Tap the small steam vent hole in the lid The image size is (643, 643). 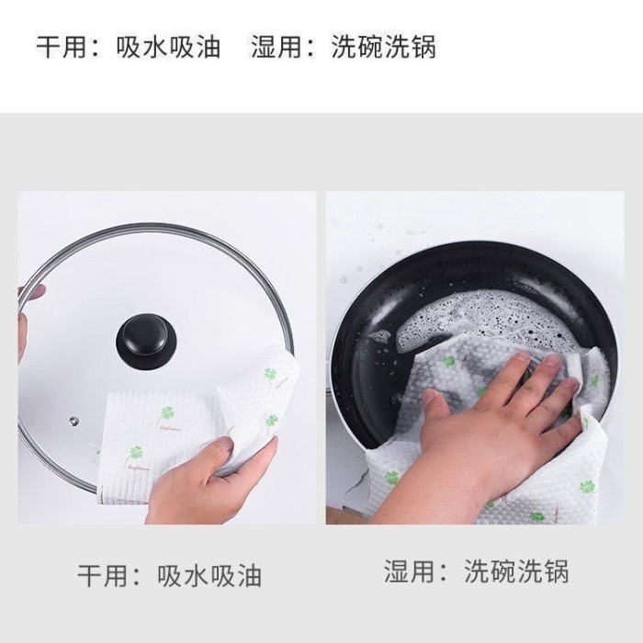tap(73, 420)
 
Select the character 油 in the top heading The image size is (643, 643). tap(208, 47)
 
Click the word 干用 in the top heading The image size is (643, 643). tap(62, 47)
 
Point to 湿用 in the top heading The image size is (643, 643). tap(277, 47)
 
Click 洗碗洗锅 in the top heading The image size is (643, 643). tap(383, 47)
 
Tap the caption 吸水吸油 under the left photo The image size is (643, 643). tap(209, 576)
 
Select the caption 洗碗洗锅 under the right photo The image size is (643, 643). tap(516, 571)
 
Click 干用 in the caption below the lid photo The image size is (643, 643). tap(103, 576)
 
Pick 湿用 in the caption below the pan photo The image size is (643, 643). tap(410, 571)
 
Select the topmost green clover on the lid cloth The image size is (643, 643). tap(270, 374)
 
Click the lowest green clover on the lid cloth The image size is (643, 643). tap(135, 453)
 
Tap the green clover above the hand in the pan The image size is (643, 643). tap(449, 362)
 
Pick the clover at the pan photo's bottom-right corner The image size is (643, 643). tap(587, 487)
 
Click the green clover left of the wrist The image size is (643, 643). tap(392, 477)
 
